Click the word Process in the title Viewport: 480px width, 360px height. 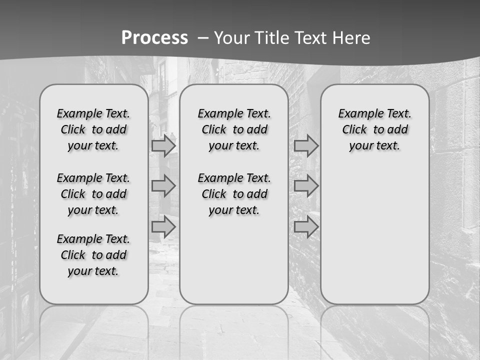(154, 38)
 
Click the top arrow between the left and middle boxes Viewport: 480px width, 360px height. (163, 146)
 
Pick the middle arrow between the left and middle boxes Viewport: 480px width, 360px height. (163, 186)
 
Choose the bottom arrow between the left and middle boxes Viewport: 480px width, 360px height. (163, 227)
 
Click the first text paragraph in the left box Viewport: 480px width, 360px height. (93, 129)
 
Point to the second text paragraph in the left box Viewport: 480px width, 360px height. (93, 194)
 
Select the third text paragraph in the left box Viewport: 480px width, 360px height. (93, 255)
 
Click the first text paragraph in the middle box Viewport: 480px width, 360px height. (234, 129)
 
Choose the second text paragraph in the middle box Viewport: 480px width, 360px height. (234, 194)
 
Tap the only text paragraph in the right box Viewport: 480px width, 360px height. (374, 129)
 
